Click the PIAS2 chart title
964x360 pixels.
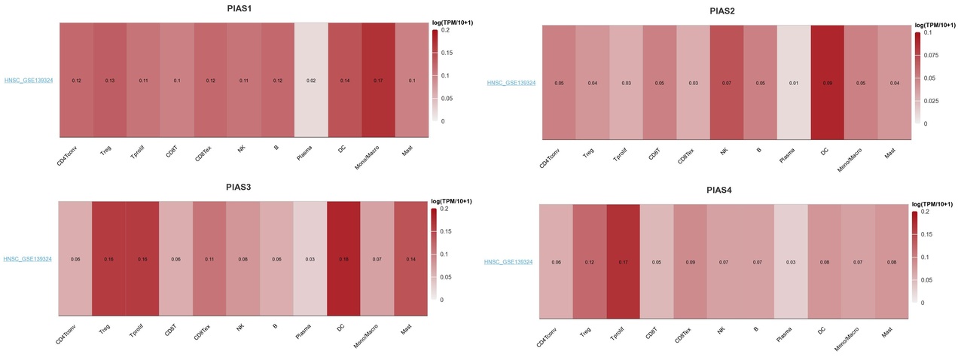(x=722, y=11)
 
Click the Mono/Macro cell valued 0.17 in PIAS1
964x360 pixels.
(x=378, y=81)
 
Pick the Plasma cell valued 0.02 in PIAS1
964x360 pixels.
(x=311, y=81)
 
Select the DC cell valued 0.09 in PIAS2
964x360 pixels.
(x=827, y=83)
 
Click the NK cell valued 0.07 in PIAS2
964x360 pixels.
(x=726, y=83)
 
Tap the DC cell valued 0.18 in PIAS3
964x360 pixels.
(x=344, y=259)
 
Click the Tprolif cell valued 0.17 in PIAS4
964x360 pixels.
(x=624, y=262)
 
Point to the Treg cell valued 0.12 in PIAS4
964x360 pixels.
(x=590, y=262)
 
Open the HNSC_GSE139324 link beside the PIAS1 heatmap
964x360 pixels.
(x=28, y=81)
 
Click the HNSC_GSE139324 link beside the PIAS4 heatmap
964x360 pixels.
(x=508, y=262)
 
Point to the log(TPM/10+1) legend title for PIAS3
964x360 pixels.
(x=450, y=201)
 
